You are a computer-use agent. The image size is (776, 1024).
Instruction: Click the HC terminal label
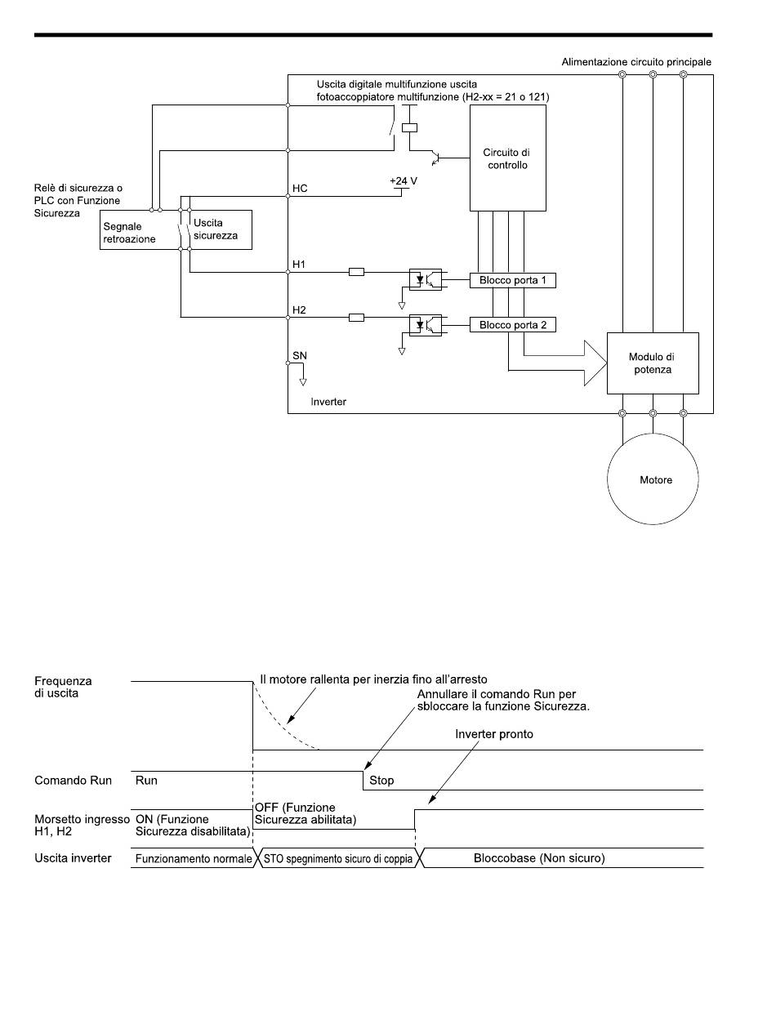300,188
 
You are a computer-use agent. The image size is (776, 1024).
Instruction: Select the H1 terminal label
299,264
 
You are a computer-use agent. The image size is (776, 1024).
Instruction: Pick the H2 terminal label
299,309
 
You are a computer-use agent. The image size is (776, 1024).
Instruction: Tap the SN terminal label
300,355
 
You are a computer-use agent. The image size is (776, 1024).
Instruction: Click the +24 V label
404,180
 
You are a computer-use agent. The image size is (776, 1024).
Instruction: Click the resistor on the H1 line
356,271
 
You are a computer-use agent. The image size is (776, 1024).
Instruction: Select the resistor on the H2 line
356,317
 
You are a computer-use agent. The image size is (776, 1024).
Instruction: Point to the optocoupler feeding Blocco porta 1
425,279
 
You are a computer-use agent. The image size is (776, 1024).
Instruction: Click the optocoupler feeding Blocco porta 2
425,325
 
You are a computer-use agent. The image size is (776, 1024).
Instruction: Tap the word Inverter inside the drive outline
328,401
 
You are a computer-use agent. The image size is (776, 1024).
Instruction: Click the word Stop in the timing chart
381,780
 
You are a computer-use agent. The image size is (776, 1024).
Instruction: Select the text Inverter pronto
493,734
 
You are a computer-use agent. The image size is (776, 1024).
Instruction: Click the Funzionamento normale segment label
194,858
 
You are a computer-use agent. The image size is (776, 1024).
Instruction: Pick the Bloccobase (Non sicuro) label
539,858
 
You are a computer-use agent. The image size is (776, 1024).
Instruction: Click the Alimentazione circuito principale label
636,61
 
